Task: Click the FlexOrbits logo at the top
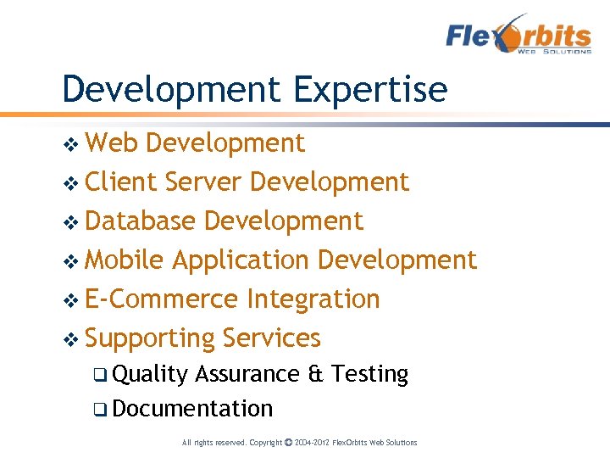(518, 35)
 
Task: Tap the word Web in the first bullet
(112, 143)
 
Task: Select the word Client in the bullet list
(121, 182)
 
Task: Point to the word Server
(204, 182)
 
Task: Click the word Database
(141, 221)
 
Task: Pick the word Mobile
(125, 260)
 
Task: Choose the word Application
(241, 260)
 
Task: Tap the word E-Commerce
(162, 299)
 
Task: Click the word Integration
(313, 299)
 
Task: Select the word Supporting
(149, 338)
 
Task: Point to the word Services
(272, 338)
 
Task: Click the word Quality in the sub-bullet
(149, 375)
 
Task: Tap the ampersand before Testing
(316, 374)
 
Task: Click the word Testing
(370, 375)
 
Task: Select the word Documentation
(192, 409)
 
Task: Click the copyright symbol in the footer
(288, 442)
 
